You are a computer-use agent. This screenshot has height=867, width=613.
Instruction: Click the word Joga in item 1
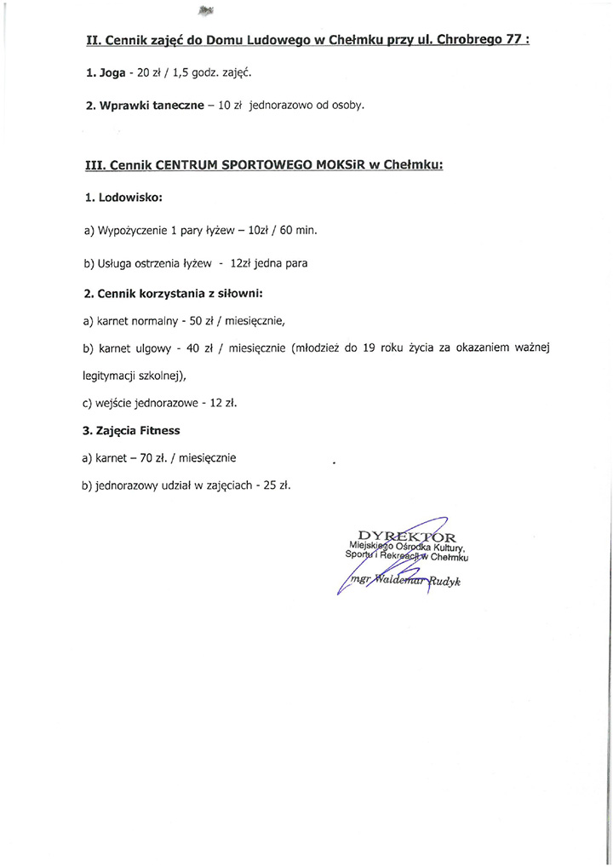pyautogui.click(x=112, y=73)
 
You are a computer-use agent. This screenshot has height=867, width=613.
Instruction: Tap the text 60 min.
pyautogui.click(x=298, y=231)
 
